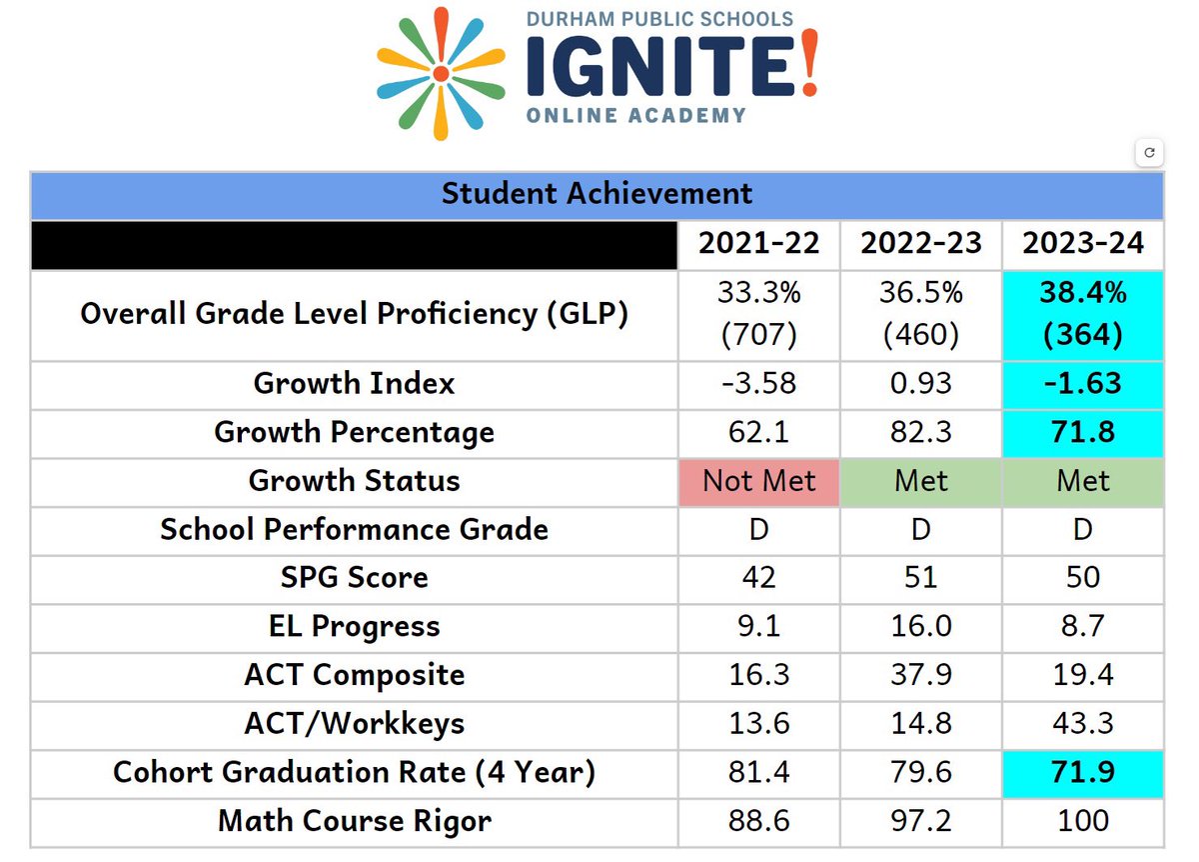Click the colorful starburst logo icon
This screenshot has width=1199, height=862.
(441, 74)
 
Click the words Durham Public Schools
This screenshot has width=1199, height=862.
(658, 19)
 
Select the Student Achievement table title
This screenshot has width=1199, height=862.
(597, 193)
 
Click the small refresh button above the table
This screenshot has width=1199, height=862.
(1149, 153)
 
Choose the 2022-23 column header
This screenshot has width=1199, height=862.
(921, 244)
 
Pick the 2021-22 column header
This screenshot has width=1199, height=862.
(759, 244)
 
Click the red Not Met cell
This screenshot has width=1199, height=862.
(759, 481)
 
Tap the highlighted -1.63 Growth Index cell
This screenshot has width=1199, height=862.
(1083, 384)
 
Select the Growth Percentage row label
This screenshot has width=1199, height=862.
(354, 433)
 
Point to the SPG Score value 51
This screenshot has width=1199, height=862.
(921, 577)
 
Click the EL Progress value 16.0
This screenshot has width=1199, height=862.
(921, 626)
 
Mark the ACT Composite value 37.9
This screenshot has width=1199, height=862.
(921, 674)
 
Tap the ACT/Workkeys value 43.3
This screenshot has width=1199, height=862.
(1083, 723)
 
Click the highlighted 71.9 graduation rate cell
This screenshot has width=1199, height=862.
(1083, 772)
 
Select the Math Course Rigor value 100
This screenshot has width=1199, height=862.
(1083, 821)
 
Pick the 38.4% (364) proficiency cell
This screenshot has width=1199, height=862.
(1083, 314)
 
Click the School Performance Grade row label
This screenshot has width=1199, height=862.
(354, 529)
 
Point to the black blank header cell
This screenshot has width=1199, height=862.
(354, 244)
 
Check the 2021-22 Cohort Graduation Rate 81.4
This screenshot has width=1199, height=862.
(759, 772)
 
